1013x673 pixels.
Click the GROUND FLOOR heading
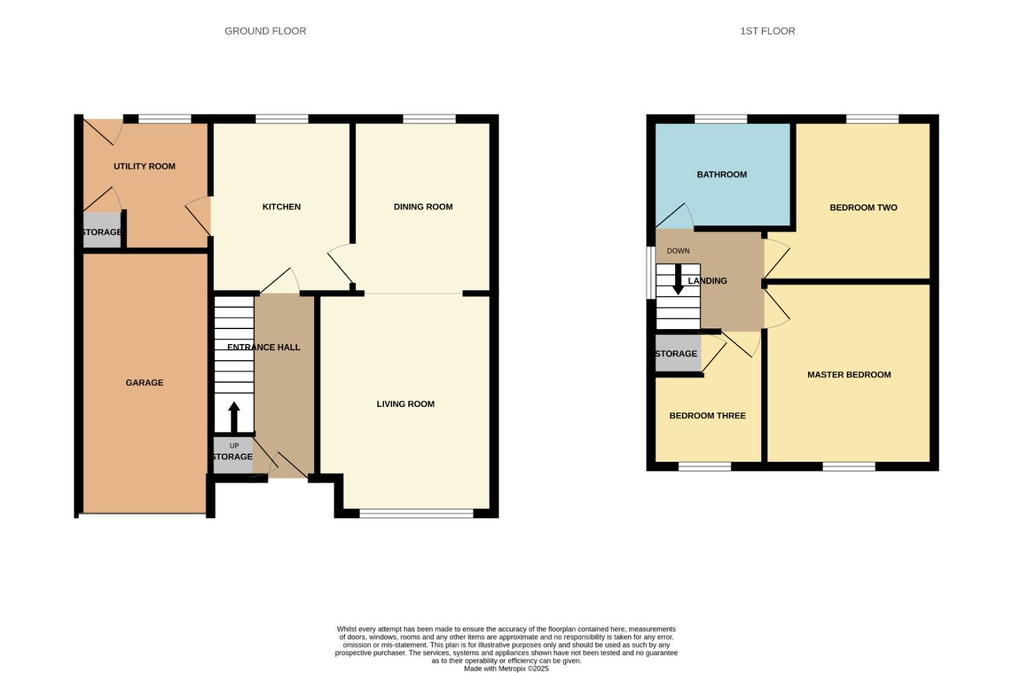point(265,31)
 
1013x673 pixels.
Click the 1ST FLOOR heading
point(767,31)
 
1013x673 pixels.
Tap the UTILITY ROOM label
point(144,166)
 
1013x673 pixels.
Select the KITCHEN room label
point(281,207)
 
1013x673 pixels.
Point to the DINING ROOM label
point(423,207)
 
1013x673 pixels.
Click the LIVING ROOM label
point(405,404)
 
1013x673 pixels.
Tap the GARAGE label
point(144,383)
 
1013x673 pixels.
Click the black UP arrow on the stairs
point(234,417)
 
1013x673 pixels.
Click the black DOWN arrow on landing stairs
point(678,280)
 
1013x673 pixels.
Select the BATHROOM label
point(721,174)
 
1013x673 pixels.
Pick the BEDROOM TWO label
point(863,208)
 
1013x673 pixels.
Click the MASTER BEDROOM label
point(848,375)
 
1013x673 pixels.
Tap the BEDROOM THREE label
point(707,416)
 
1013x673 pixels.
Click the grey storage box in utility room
point(102,231)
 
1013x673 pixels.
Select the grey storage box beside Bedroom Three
point(677,353)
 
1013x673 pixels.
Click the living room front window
point(416,513)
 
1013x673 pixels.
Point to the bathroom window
point(721,118)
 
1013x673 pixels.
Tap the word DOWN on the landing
point(678,251)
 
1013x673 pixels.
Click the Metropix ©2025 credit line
point(506,669)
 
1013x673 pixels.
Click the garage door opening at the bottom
point(143,514)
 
